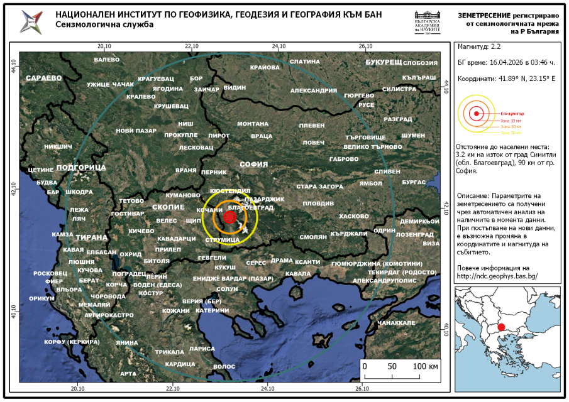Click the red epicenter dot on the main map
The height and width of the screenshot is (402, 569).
(x=230, y=217)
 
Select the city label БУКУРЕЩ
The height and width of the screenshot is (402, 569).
(x=384, y=62)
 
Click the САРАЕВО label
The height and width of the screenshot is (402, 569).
(x=43, y=78)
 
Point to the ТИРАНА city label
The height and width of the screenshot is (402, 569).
(x=91, y=237)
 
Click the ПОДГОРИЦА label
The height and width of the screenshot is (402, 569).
(x=81, y=168)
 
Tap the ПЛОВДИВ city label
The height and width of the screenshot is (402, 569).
(x=318, y=204)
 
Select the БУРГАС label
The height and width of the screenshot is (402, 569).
(x=414, y=182)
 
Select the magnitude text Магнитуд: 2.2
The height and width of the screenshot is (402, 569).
(x=479, y=46)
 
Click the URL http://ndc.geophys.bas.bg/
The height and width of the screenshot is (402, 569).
(x=497, y=275)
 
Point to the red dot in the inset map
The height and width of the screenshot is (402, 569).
(x=501, y=327)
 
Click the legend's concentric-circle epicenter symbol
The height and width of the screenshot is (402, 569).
(x=477, y=113)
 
